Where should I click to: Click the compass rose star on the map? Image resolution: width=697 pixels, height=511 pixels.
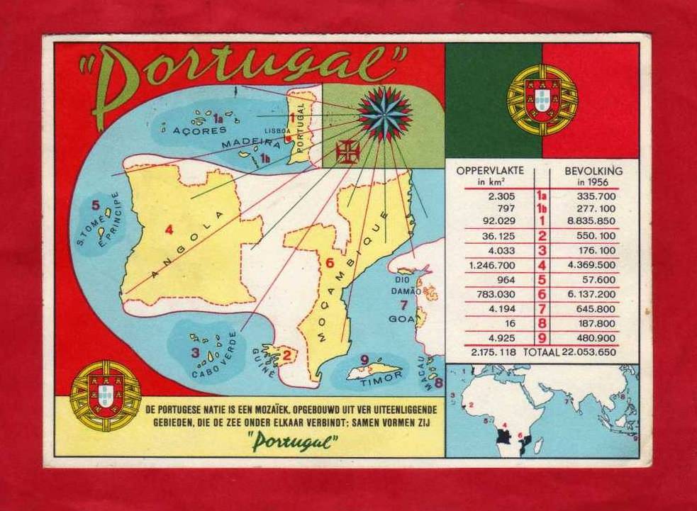tap(384, 113)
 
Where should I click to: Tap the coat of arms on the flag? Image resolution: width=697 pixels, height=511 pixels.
tap(542, 100)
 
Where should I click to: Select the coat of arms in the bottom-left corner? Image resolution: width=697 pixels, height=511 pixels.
tap(106, 395)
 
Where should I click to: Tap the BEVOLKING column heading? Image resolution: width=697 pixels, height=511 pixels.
tap(593, 171)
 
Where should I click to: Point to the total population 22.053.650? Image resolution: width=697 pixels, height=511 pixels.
tap(588, 352)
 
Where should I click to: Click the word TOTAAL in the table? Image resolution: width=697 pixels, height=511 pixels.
tap(541, 352)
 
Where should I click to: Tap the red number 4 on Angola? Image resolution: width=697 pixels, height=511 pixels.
tap(169, 229)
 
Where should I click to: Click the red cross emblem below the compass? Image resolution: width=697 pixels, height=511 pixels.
tap(347, 152)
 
